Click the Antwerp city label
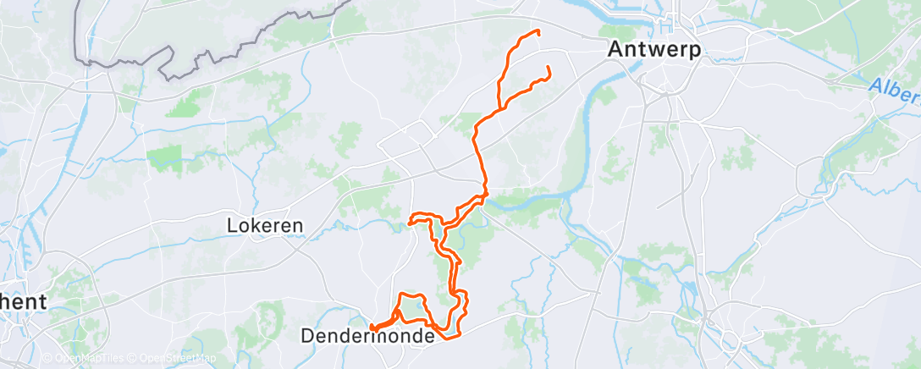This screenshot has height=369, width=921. [x=654, y=50]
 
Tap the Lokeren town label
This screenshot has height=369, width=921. [x=266, y=226]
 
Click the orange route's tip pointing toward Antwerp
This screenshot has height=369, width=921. [x=549, y=68]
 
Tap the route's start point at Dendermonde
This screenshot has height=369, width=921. [x=372, y=326]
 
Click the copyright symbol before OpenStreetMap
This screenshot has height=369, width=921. [x=134, y=359]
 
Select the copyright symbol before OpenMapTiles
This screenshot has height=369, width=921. [x=47, y=359]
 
